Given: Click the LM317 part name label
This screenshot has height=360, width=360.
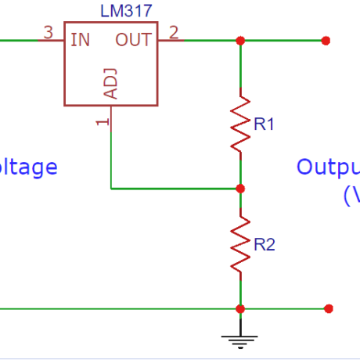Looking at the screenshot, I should tap(126, 10).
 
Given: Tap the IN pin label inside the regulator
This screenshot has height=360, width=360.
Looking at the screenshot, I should tap(80, 39).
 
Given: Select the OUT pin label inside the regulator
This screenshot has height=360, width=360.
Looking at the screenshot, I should tap(135, 39).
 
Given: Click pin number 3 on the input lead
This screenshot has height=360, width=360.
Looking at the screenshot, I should tap(49, 32).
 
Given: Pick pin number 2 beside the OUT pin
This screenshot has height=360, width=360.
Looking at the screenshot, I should tap(173, 32).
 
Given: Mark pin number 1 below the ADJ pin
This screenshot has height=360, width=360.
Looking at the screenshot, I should tap(100, 122).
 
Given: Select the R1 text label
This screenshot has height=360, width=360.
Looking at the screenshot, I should tap(264, 123).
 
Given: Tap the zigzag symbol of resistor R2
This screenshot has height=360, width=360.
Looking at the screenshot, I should tap(240, 246).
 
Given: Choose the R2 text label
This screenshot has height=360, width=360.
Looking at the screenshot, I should tap(265, 245).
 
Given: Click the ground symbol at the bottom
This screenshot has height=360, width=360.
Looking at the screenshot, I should tap(240, 337).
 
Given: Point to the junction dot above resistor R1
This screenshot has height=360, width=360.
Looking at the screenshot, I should tap(240, 40).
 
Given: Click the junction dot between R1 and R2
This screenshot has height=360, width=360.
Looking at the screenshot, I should tap(240, 189).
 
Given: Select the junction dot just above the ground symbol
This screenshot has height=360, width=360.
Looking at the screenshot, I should tap(240, 308).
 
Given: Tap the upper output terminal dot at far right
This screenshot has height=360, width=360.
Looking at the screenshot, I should tap(326, 40).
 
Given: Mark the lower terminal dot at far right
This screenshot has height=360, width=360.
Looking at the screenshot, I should tap(329, 308).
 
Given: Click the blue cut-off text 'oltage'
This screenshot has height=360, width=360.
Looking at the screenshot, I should tap(29, 167).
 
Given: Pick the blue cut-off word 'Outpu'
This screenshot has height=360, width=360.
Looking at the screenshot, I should tap(328, 167).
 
